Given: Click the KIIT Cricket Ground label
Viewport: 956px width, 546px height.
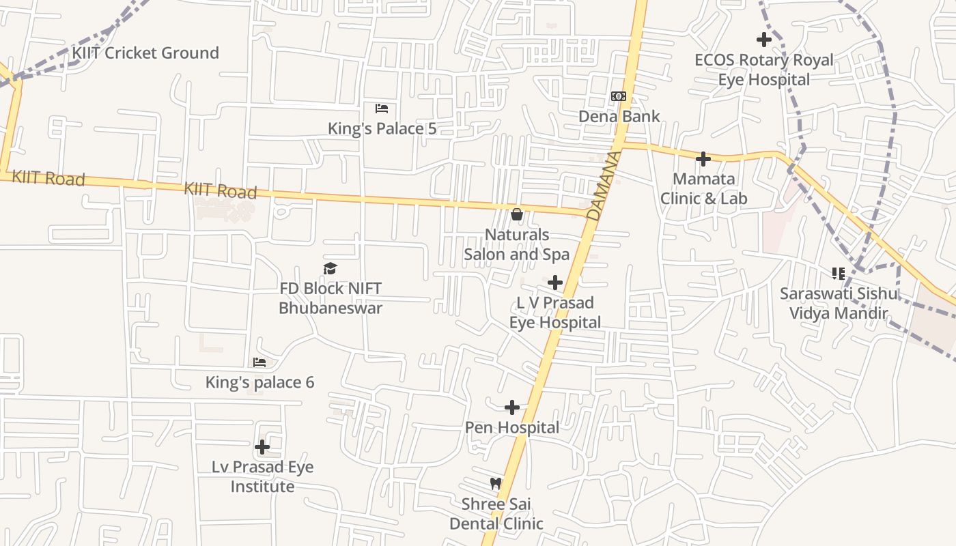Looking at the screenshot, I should click(x=146, y=53).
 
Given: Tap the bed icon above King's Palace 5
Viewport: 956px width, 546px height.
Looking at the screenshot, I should click(x=382, y=109).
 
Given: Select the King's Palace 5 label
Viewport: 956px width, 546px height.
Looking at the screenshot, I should click(x=382, y=128).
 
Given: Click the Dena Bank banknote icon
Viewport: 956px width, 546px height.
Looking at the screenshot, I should click(x=619, y=96).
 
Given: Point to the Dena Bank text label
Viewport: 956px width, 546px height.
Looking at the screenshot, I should click(x=619, y=116).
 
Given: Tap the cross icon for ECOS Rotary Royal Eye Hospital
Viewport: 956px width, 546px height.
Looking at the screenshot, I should click(x=764, y=40).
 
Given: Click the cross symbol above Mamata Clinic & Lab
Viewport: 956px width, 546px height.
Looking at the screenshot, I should click(x=703, y=159).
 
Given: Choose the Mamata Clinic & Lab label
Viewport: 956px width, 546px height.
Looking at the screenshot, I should click(x=704, y=188).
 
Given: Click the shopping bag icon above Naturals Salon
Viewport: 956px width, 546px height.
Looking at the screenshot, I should click(x=517, y=214).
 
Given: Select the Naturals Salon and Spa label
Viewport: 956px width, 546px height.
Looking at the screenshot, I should click(x=517, y=244).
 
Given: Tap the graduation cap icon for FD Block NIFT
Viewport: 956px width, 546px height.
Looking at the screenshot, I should click(x=331, y=269).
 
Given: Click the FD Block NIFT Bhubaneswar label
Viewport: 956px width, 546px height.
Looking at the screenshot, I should click(x=331, y=298).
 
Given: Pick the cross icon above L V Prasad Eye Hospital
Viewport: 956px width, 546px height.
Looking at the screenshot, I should click(x=555, y=283).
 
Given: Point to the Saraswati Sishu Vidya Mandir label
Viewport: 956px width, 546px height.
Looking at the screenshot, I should click(x=839, y=304).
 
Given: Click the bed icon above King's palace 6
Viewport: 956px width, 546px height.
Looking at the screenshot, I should click(x=259, y=362).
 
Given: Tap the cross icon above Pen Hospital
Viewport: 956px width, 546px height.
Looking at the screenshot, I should click(x=512, y=407).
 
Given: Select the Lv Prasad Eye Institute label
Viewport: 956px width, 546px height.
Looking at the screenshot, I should click(x=262, y=477).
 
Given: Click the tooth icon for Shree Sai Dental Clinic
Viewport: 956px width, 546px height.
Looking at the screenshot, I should click(x=496, y=484).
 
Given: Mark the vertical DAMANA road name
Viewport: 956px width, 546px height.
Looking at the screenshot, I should click(x=604, y=185).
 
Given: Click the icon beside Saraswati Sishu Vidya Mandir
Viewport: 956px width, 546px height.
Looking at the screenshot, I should click(x=839, y=274).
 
